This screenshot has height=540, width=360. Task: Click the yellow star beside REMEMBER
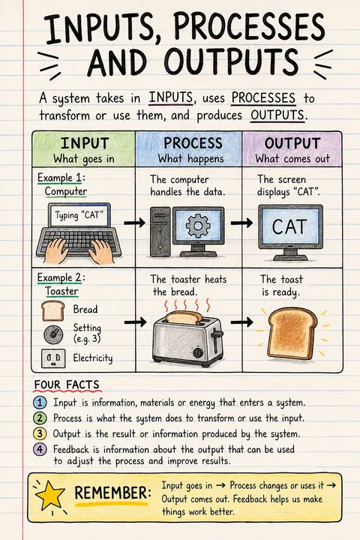pyautogui.click(x=50, y=495)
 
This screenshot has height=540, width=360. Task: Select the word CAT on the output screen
pyautogui.click(x=289, y=227)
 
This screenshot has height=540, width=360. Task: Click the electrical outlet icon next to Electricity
pyautogui.click(x=53, y=358)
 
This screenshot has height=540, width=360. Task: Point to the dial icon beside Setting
pyautogui.click(x=53, y=333)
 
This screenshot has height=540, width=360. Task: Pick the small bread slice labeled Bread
pyautogui.click(x=53, y=310)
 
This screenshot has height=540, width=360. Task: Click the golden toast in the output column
pyautogui.click(x=292, y=333)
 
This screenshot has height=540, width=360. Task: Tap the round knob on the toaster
pyautogui.click(x=198, y=352)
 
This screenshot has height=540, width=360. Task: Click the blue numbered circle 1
pyautogui.click(x=40, y=402)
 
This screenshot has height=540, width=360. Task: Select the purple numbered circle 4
pyautogui.click(x=40, y=449)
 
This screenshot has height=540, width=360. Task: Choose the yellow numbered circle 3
pyautogui.click(x=40, y=433)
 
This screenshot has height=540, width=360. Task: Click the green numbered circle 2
pyautogui.click(x=40, y=418)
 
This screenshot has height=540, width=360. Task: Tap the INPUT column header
pyautogui.click(x=85, y=143)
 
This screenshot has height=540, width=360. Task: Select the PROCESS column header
pyautogui.click(x=193, y=143)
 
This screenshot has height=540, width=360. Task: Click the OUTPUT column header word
pyautogui.click(x=292, y=143)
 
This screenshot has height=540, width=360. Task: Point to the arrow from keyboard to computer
pyautogui.click(x=134, y=223)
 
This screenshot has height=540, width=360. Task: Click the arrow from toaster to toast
pyautogui.click(x=241, y=322)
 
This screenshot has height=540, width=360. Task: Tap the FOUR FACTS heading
pyautogui.click(x=67, y=385)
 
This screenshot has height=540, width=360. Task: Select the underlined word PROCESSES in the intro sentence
pyautogui.click(x=263, y=97)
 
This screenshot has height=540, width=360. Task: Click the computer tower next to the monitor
pyautogui.click(x=160, y=232)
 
